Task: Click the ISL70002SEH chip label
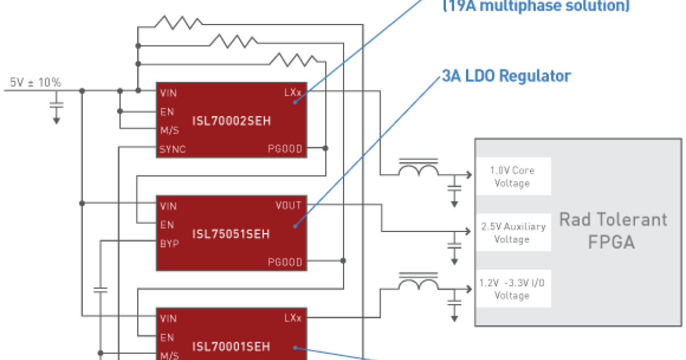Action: point(232,121)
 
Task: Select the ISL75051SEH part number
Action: point(232,234)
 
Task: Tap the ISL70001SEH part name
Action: point(232,346)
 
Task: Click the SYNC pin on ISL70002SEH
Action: point(173,150)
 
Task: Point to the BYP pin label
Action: point(170,243)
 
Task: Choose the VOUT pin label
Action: point(288,206)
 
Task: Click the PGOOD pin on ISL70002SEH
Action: point(285,150)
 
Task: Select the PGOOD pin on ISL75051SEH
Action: point(285,262)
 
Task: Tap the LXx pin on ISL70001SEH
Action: point(292,318)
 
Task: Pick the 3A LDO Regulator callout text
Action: point(506,77)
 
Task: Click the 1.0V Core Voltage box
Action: point(512,177)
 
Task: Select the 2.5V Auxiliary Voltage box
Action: point(512,233)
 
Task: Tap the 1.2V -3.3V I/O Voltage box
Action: point(512,289)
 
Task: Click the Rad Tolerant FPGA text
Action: point(612,230)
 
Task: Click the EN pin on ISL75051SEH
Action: point(167,225)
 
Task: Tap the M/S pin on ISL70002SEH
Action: point(170,130)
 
